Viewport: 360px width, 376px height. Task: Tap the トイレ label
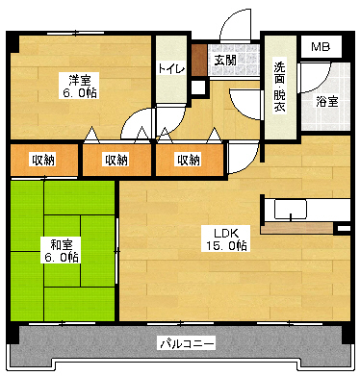pyautogui.click(x=171, y=68)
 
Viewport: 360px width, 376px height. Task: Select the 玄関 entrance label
pyautogui.click(x=224, y=60)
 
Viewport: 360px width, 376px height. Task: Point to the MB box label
pyautogui.click(x=319, y=46)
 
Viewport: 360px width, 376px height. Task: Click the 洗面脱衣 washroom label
pyautogui.click(x=279, y=87)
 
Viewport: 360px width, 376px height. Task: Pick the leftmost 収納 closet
pyautogui.click(x=41, y=160)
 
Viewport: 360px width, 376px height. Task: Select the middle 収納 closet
pyautogui.click(x=116, y=160)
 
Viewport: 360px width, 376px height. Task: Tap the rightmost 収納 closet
pyautogui.click(x=189, y=160)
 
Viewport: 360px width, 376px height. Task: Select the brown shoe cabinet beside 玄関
pyautogui.click(x=199, y=58)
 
